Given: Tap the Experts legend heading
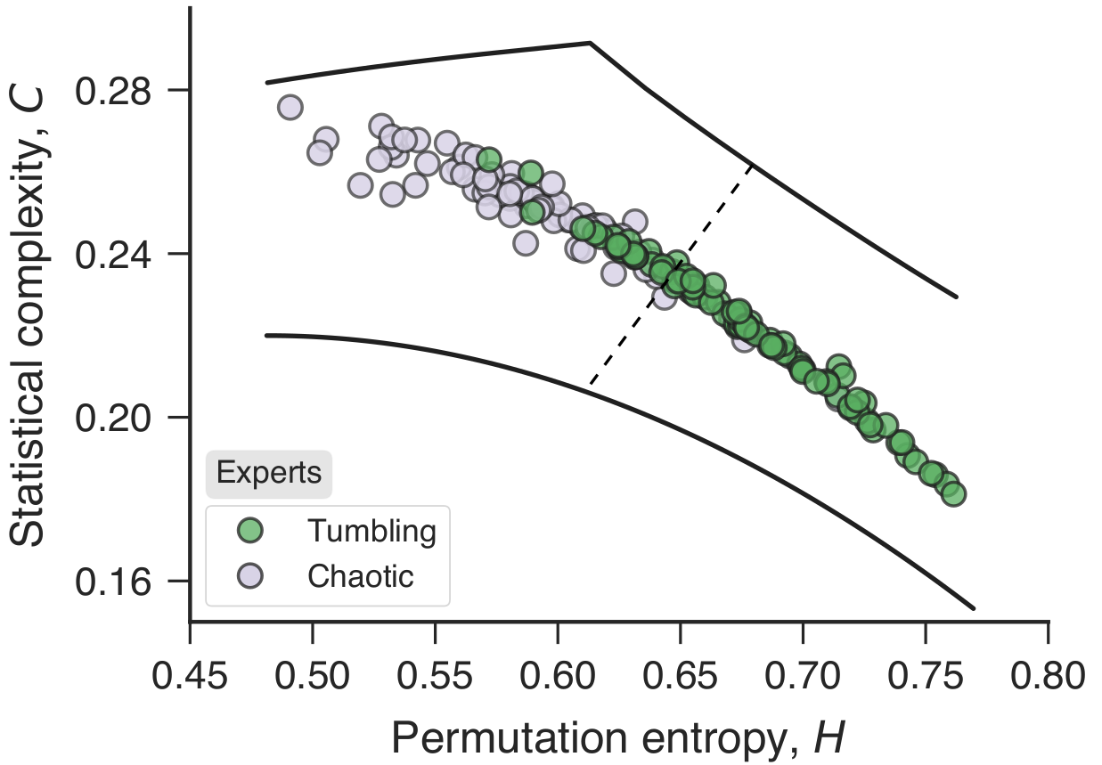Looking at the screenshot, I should point(269,474).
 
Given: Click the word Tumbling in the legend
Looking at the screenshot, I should point(371,531).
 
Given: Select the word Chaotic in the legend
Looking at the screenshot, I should point(361,575).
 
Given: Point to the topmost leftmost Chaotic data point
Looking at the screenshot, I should point(290,108).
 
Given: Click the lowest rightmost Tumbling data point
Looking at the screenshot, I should point(953,493).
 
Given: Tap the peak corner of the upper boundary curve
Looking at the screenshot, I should point(590,42).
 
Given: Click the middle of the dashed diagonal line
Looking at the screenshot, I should point(671,275).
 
